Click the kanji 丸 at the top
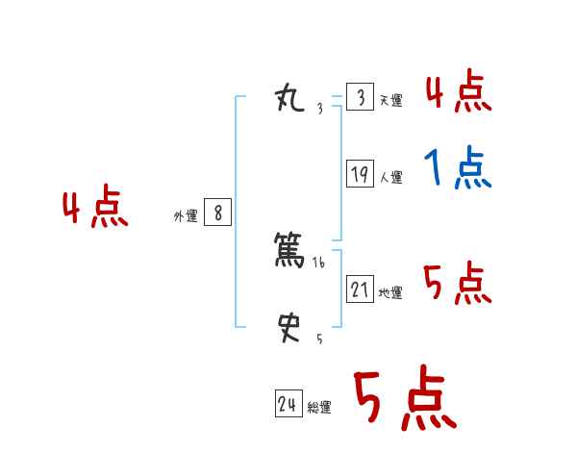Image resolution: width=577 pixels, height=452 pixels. [x=289, y=97]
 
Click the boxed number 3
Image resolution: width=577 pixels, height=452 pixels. [x=360, y=97]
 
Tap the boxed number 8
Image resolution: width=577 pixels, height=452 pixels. [x=217, y=213]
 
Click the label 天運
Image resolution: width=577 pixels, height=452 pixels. [x=389, y=101]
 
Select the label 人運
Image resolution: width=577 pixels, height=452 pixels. [x=390, y=178]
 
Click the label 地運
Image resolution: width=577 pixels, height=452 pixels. [x=390, y=293]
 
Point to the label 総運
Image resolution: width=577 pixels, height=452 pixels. [x=319, y=408]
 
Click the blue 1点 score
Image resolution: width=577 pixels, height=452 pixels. [x=458, y=169]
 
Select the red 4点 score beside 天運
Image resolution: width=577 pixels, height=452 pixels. [x=459, y=91]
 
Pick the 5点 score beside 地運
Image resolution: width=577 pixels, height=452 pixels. [x=457, y=284]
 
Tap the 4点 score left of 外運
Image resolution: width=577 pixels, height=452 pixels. [x=95, y=209]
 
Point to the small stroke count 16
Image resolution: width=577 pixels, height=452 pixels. [x=319, y=262]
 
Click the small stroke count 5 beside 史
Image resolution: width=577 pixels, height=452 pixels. [x=319, y=339]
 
